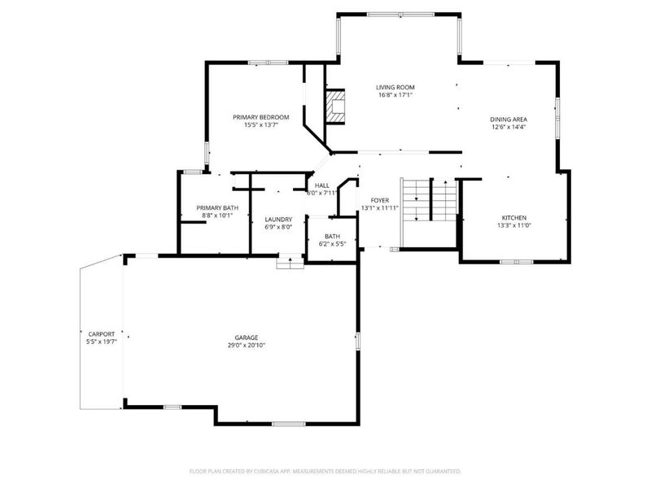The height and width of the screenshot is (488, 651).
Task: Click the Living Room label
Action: tap(395, 87)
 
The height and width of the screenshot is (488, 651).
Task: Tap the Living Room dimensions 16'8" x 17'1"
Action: tap(395, 95)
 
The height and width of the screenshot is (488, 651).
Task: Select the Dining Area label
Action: tap(508, 119)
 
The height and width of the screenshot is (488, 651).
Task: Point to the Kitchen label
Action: tap(514, 217)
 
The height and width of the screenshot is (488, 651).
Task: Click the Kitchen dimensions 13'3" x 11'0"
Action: tap(514, 225)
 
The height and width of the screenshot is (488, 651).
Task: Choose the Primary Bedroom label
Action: tap(260, 117)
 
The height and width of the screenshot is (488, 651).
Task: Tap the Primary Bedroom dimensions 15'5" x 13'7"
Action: tap(260, 125)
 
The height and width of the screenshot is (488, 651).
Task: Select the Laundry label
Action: tap(278, 219)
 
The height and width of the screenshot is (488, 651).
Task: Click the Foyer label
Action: tap(380, 200)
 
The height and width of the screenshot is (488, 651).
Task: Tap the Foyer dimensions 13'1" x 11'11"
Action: tap(380, 208)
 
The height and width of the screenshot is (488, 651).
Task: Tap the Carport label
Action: tap(102, 334)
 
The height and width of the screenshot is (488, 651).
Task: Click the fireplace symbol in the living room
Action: tap(334, 106)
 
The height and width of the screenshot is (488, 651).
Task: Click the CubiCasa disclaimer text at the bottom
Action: tap(325, 471)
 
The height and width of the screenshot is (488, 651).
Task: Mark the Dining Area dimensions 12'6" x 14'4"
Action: tap(508, 127)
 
